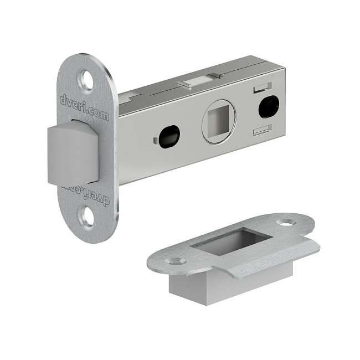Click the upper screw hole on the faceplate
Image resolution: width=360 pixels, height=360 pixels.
87,81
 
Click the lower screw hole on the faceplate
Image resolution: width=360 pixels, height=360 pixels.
87,216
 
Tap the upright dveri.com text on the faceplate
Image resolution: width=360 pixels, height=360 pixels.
84,108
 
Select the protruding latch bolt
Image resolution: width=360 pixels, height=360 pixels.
73,153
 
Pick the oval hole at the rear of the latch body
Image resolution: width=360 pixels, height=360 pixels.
269,107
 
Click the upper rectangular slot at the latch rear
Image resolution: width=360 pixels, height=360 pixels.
263,88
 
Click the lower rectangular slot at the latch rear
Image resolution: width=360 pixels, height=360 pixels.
263,130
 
